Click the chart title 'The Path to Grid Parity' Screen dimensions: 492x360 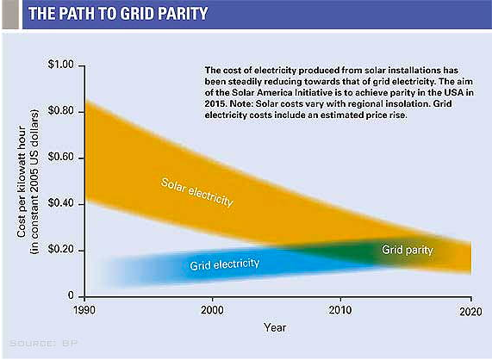(x=118, y=14)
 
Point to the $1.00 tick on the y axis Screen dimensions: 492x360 (x=60, y=65)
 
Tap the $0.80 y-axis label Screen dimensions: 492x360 (x=60, y=111)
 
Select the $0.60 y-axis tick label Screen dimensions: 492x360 (x=60, y=157)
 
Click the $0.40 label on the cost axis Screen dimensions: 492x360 (x=60, y=203)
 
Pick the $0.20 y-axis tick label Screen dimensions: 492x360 (x=60, y=249)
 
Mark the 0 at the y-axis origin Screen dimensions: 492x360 (x=71, y=295)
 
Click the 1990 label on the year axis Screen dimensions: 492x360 (x=84, y=310)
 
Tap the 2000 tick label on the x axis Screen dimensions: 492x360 (x=213, y=310)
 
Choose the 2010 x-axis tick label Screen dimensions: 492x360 (x=340, y=310)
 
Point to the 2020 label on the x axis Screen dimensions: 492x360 (x=470, y=312)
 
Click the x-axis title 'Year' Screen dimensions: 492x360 (x=275, y=327)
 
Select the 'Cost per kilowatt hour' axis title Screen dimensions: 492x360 (x=22, y=182)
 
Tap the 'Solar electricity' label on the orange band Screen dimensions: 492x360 (x=196, y=192)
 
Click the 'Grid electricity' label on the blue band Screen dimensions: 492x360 (x=225, y=264)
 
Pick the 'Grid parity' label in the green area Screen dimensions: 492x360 (x=408, y=250)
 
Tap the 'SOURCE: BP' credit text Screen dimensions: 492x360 (x=43, y=344)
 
